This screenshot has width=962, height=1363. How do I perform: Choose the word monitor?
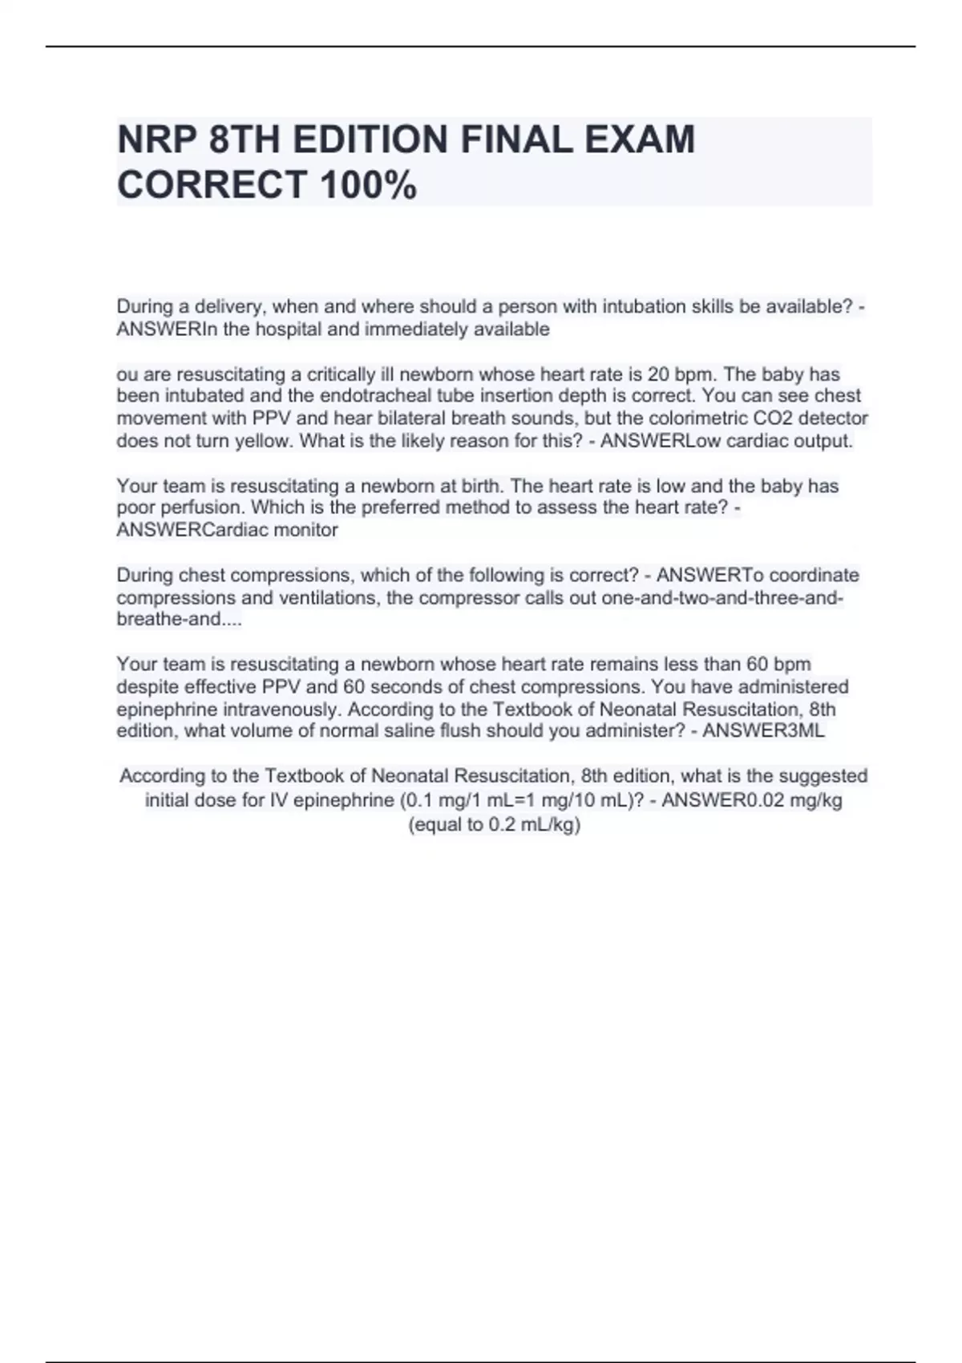click(306, 530)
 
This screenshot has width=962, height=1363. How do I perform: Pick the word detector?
click(834, 418)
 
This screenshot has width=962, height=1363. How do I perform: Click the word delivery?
click(221, 306)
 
